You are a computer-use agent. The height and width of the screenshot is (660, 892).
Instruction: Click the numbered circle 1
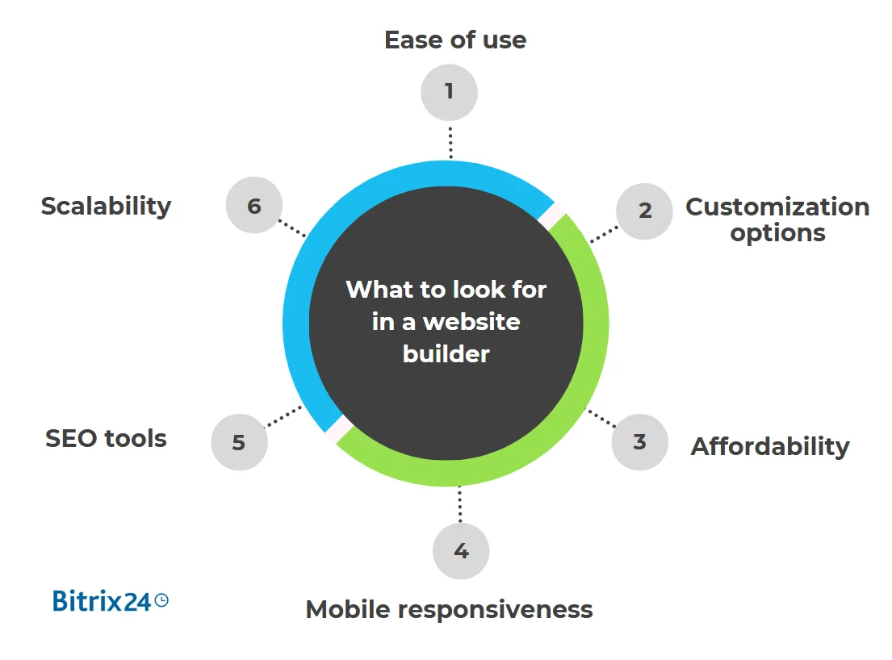pyautogui.click(x=449, y=92)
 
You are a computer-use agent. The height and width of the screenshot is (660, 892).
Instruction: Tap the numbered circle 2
pyautogui.click(x=644, y=211)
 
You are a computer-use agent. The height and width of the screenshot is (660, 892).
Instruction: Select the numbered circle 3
pyautogui.click(x=639, y=441)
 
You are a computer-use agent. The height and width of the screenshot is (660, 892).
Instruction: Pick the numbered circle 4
pyautogui.click(x=461, y=551)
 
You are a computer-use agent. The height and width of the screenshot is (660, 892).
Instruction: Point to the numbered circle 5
pyautogui.click(x=239, y=442)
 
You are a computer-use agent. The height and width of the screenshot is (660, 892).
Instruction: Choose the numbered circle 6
pyautogui.click(x=254, y=206)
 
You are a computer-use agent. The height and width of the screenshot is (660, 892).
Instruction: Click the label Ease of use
pyautogui.click(x=455, y=40)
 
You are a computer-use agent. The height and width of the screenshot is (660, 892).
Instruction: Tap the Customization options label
pyautogui.click(x=777, y=219)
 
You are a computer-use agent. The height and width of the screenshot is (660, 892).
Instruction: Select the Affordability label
pyautogui.click(x=770, y=446)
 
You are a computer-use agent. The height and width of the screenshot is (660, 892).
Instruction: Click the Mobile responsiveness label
pyautogui.click(x=449, y=609)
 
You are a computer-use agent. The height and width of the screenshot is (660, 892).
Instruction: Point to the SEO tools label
pyautogui.click(x=106, y=439)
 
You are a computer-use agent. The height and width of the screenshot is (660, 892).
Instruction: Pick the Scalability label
pyautogui.click(x=106, y=206)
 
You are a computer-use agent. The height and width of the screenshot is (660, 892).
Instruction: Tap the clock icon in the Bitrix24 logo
pyautogui.click(x=161, y=599)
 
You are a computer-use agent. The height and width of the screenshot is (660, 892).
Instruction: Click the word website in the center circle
pyautogui.click(x=471, y=321)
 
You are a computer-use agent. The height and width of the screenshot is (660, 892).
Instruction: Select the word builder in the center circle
pyautogui.click(x=446, y=353)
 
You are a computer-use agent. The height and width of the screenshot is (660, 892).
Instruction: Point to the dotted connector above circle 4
pyautogui.click(x=460, y=504)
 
